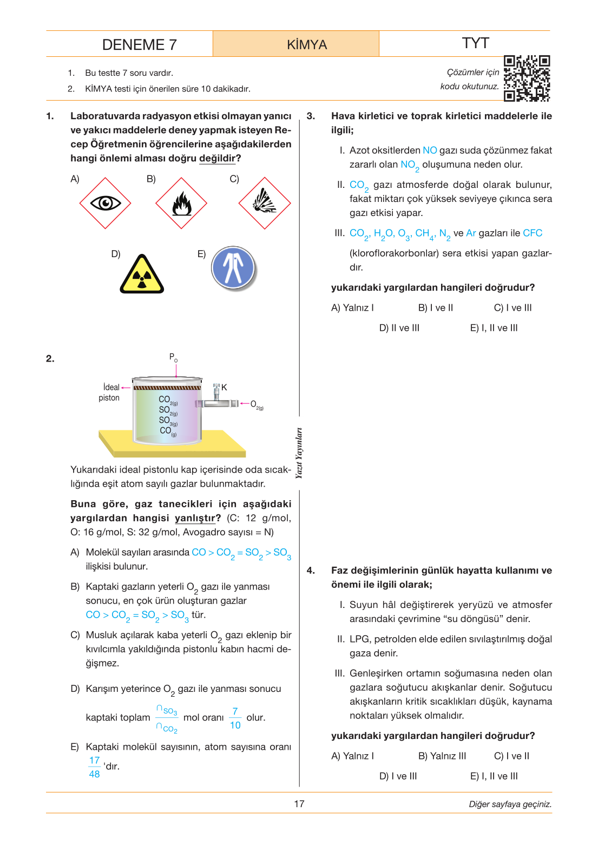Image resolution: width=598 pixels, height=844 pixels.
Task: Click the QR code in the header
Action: [x=527, y=78]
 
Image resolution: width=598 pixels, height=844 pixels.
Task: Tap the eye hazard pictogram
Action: [x=106, y=203]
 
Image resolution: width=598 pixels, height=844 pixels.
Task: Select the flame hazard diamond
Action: [x=181, y=203]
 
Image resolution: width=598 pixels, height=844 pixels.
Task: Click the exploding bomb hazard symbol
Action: [x=264, y=203]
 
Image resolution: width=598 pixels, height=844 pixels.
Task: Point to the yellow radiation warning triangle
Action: [x=142, y=274]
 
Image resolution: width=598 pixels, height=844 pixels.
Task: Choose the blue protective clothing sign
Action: [x=233, y=268]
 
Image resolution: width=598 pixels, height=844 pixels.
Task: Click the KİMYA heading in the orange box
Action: [x=307, y=44]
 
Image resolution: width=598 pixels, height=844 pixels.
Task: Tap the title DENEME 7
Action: [x=139, y=44]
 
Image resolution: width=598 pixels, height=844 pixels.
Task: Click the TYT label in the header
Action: [x=475, y=43]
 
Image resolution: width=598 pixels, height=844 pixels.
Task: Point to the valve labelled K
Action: [x=216, y=392]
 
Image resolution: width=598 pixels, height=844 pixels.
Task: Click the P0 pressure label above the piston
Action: [x=173, y=357]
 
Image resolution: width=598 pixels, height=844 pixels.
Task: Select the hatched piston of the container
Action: [x=167, y=387]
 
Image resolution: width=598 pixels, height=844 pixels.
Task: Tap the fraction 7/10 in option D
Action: [x=235, y=718]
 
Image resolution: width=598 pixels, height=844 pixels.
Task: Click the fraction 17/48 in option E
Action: [x=95, y=767]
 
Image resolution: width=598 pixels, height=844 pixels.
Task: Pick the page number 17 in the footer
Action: [x=299, y=804]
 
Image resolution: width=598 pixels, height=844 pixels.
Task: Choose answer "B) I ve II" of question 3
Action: [x=435, y=308]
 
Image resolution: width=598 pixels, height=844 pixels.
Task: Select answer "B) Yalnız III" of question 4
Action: [x=442, y=756]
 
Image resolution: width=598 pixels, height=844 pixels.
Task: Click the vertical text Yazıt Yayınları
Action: [x=299, y=453]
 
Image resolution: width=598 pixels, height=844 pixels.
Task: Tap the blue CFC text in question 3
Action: [x=533, y=233]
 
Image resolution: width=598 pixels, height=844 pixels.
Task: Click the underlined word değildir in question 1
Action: [x=218, y=158]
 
